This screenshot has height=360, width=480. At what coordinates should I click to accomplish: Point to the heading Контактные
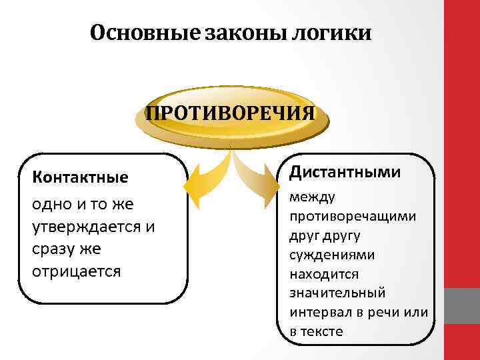tap(80, 178)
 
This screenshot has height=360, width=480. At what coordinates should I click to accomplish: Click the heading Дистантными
tap(345, 172)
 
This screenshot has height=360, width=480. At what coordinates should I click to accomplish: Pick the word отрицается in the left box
tap(76, 271)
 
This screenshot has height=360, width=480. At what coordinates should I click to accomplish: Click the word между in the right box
tap(313, 197)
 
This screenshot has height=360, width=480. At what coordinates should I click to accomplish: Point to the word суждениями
tap(331, 255)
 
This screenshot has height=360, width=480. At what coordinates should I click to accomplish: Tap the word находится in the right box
tap(324, 274)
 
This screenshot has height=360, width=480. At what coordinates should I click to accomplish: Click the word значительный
tap(337, 293)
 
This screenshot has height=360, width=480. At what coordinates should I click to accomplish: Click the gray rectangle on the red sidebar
tap(461, 306)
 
